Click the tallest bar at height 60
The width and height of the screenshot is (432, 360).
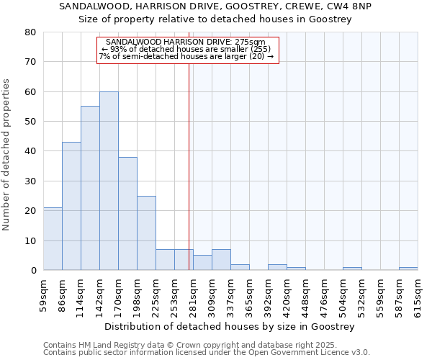pyautogui.click(x=109, y=181)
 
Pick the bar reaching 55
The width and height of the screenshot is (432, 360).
pyautogui.click(x=90, y=188)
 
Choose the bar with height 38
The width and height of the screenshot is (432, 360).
pyautogui.click(x=127, y=213)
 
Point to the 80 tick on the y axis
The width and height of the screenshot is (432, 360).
pyautogui.click(x=30, y=32)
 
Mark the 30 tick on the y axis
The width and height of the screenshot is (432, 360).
pyautogui.click(x=30, y=181)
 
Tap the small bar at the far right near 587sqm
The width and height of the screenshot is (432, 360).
pyautogui.click(x=408, y=269)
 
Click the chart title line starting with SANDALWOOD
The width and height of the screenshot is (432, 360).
pyautogui.click(x=215, y=6)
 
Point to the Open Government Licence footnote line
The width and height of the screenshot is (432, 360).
pyautogui.click(x=207, y=352)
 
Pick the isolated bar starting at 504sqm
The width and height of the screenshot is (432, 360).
pyautogui.click(x=352, y=269)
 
